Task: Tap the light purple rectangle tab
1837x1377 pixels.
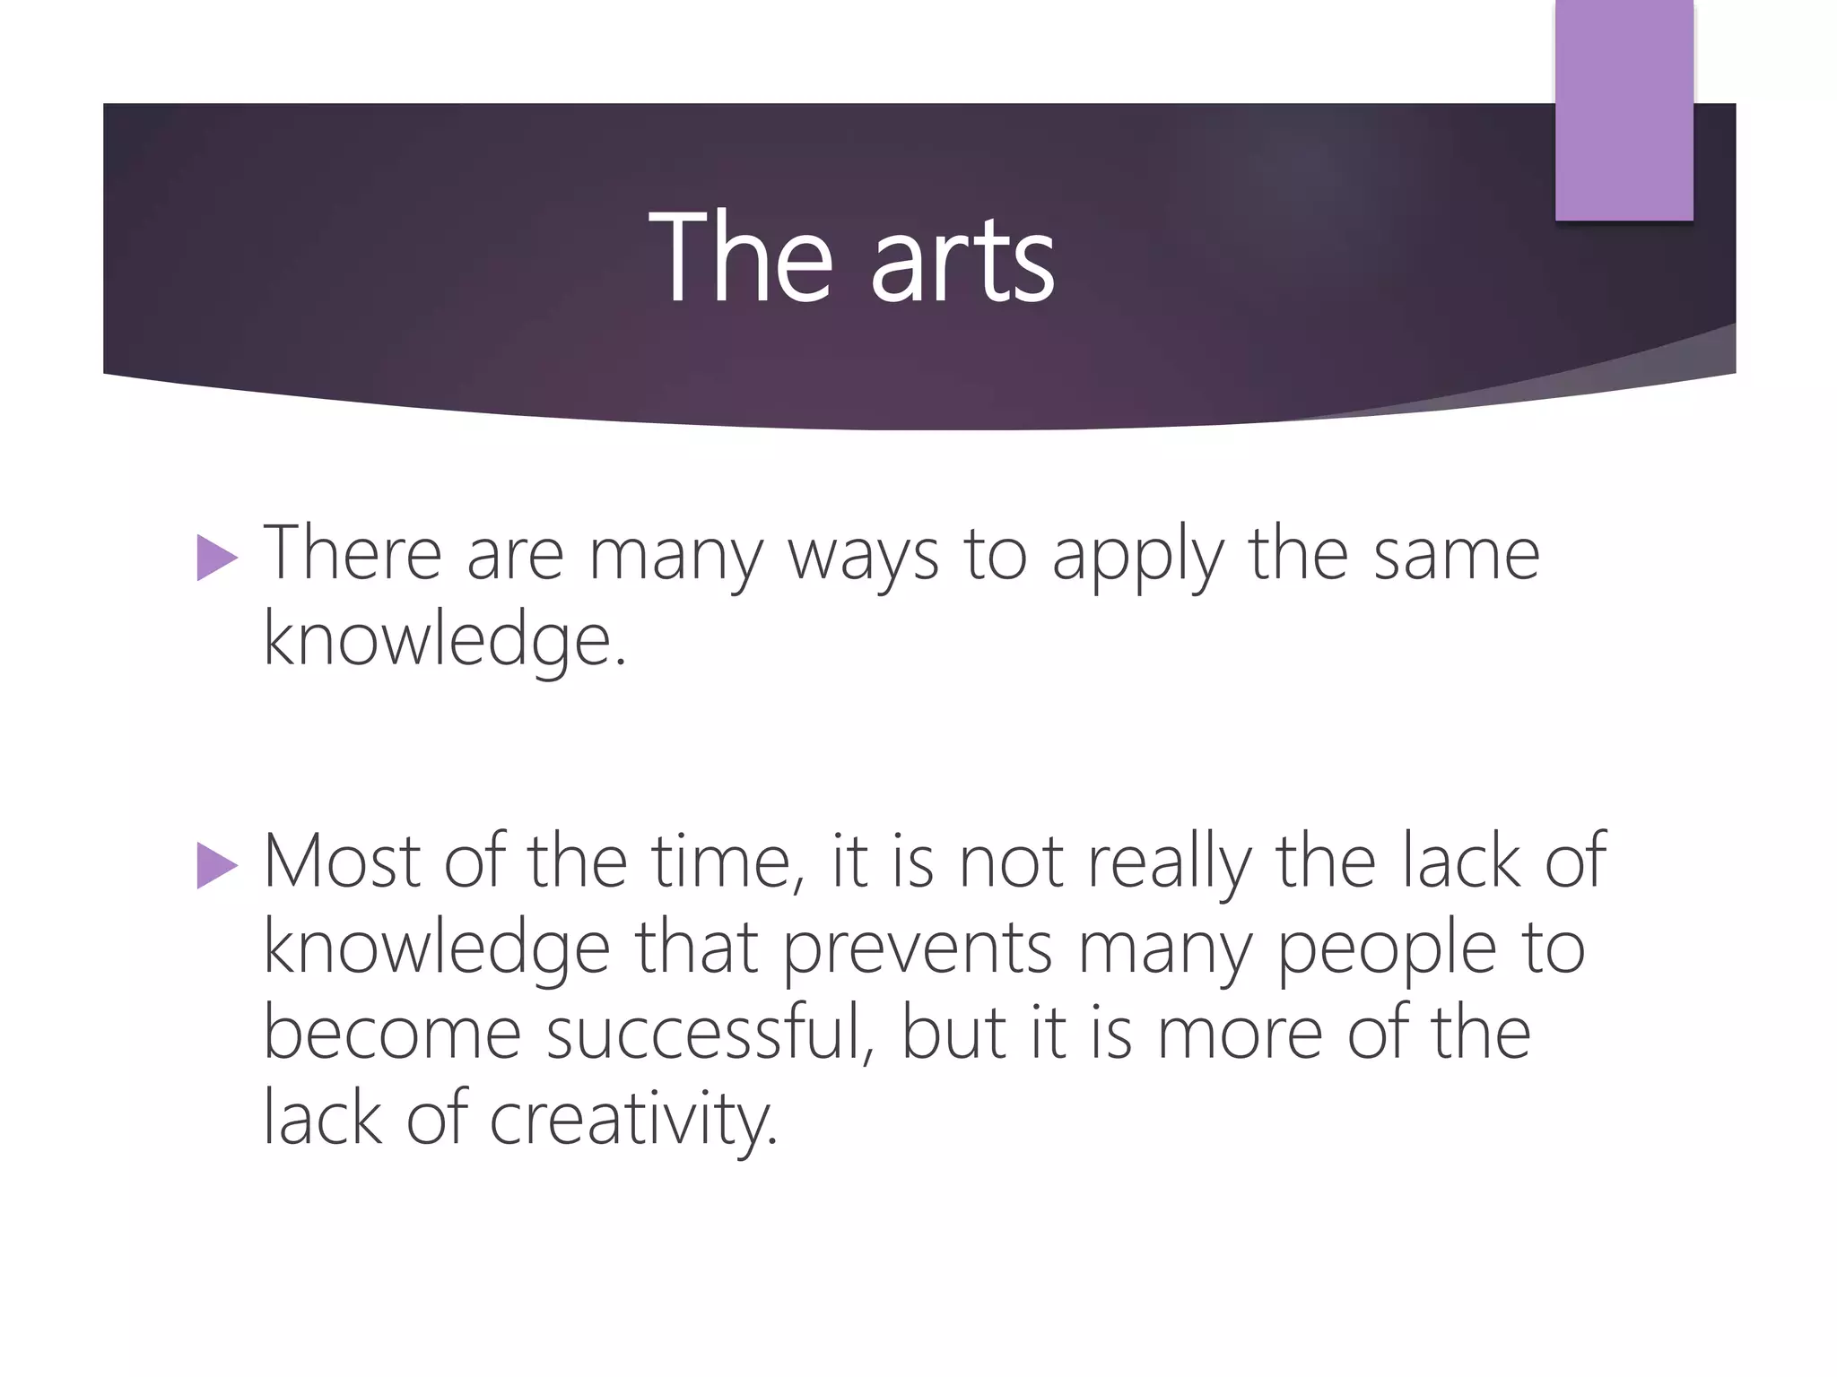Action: click(1624, 110)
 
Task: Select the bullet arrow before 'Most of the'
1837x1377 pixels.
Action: click(216, 866)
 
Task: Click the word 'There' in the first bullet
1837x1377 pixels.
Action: click(353, 554)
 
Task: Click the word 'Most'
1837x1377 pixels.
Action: click(342, 862)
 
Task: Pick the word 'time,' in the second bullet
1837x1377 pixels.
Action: click(727, 862)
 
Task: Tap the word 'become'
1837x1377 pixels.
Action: click(392, 1033)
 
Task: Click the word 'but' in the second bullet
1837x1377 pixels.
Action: click(953, 1033)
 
